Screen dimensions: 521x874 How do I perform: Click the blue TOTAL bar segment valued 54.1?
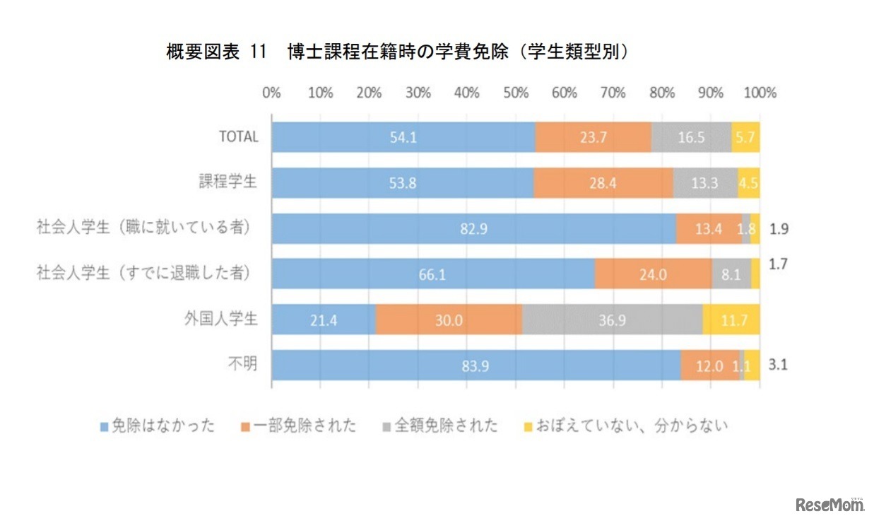(403, 137)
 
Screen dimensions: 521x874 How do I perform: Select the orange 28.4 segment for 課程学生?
(603, 182)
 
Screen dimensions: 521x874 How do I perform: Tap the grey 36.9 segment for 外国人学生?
(612, 320)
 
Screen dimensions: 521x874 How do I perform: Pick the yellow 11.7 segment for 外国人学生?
(731, 320)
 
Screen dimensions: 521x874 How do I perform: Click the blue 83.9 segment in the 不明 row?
(476, 365)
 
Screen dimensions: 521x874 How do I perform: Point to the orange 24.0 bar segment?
(653, 274)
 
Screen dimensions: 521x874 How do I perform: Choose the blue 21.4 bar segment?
(324, 320)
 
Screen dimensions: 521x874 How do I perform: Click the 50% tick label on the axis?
(515, 93)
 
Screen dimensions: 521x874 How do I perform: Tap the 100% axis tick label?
(760, 93)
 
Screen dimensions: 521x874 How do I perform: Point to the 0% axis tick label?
(271, 93)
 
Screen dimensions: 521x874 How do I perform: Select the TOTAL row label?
(238, 137)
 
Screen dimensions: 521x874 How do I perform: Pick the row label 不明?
(242, 365)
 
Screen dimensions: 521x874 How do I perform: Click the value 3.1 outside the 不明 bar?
(778, 366)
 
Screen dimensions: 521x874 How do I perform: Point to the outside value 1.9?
(778, 230)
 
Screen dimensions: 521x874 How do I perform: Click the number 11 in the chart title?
(258, 52)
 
